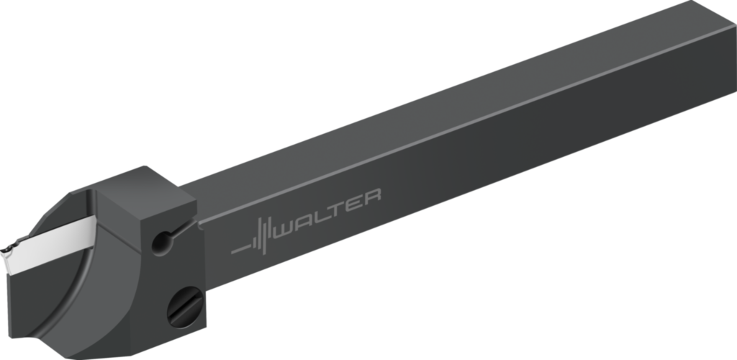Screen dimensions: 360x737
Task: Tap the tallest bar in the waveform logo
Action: [x=263, y=234]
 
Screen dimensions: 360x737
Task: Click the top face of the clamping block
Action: [x=144, y=189]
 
